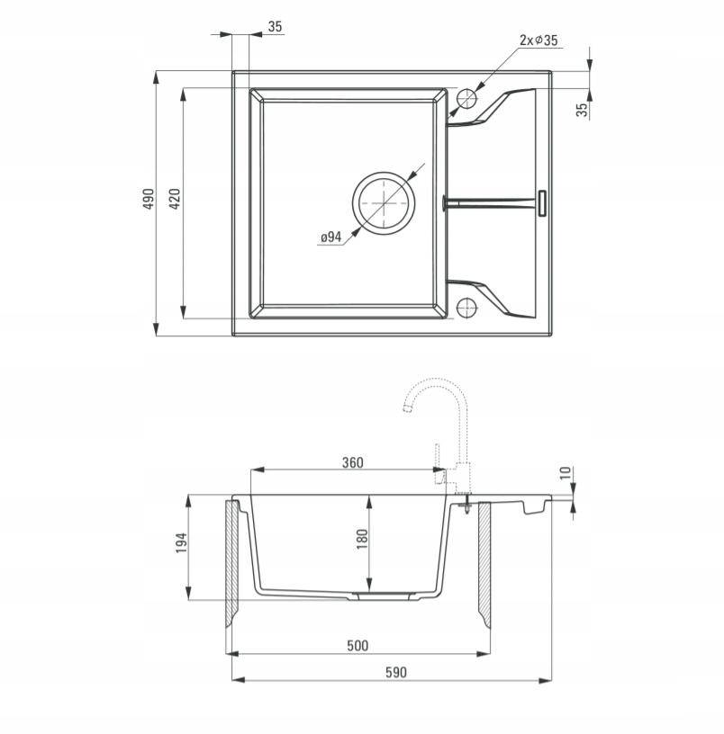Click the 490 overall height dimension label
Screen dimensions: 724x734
coord(149,199)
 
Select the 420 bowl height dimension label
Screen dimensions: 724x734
coord(174,199)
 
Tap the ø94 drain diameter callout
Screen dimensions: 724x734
coord(330,237)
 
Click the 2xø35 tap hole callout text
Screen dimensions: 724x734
coord(538,40)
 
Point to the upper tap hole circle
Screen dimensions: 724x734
coord(466,99)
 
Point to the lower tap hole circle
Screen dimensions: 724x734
coord(466,307)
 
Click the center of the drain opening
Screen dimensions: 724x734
coord(384,203)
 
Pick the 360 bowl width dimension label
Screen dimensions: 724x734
coord(352,462)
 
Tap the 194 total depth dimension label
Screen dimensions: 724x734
coord(181,542)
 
